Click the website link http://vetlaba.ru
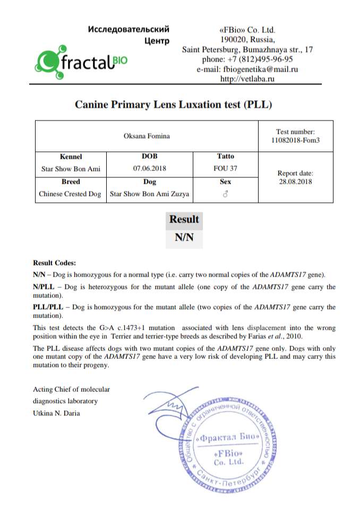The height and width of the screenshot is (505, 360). tap(247, 79)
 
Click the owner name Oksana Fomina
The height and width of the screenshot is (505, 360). tap(147, 136)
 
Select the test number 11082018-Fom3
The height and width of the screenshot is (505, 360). tap(295, 141)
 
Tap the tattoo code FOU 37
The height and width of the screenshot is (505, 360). tap(225, 169)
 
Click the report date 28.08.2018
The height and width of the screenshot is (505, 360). tap(295, 181)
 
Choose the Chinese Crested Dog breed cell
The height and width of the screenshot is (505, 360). tap(70, 194)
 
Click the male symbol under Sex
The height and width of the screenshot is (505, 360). tap(225, 194)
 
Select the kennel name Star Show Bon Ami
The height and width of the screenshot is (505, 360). tap(71, 169)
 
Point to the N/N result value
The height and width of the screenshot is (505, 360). tap(184, 238)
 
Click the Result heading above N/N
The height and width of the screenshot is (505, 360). tap(184, 219)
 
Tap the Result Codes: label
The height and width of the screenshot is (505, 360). tap(54, 263)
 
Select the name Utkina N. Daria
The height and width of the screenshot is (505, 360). tap(56, 413)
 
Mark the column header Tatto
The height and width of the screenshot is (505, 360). tap(225, 157)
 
